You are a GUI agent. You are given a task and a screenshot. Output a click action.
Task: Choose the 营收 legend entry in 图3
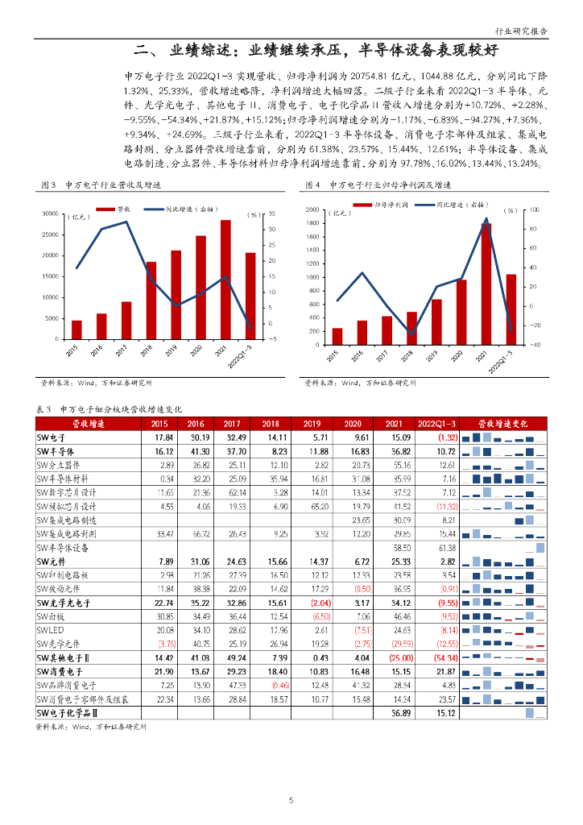click(x=123, y=209)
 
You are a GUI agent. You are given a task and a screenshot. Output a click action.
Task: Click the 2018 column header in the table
click(x=270, y=423)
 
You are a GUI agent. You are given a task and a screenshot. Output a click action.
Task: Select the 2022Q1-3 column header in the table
click(x=437, y=423)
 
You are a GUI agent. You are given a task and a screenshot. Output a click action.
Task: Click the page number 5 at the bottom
click(x=291, y=800)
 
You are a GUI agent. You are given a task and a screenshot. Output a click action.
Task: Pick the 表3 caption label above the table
click(x=44, y=408)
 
